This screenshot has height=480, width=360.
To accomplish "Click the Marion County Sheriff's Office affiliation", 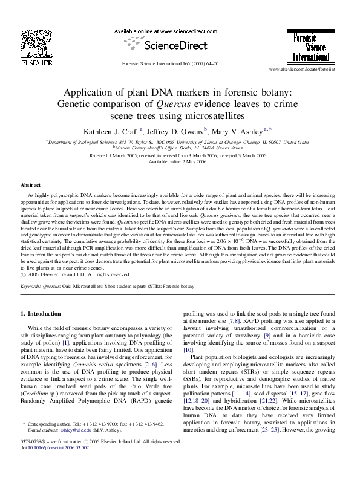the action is [x=180, y=148].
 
